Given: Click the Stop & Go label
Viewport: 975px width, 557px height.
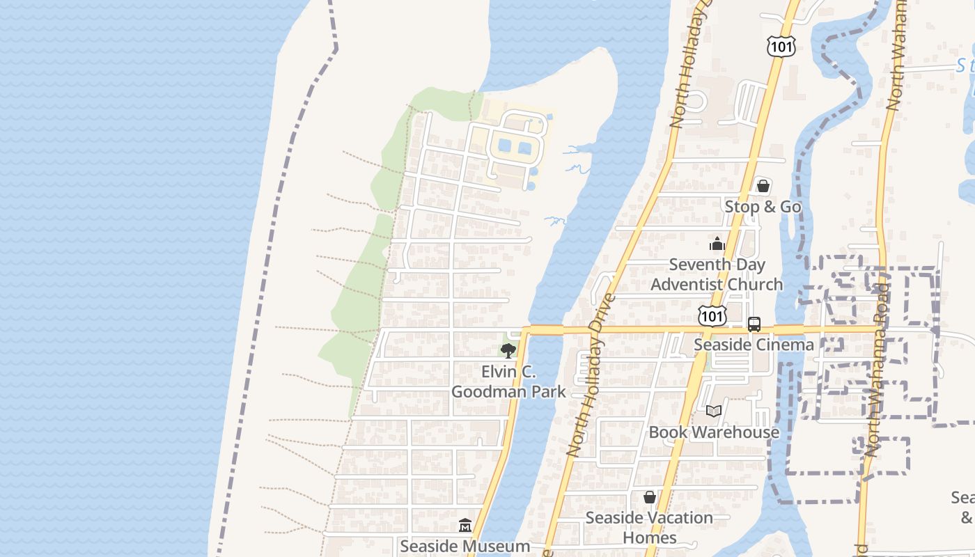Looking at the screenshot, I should coord(763,207).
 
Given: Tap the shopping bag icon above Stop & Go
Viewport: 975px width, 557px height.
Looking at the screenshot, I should coord(763,186).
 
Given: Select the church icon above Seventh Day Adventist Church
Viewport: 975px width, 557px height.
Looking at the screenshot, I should coord(717,244).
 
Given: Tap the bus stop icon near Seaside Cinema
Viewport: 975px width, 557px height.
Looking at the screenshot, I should coord(754,324).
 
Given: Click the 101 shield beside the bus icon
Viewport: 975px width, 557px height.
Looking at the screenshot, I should coord(712,316).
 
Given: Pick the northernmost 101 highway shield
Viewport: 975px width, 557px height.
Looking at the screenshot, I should coord(779,47).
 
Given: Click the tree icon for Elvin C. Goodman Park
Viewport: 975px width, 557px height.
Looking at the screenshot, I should coord(508,351).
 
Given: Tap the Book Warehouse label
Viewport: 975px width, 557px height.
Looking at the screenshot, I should coord(714,432).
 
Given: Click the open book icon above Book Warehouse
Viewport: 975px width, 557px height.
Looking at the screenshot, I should coord(713,411).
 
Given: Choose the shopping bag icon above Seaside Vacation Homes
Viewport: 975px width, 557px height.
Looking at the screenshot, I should coord(650,497).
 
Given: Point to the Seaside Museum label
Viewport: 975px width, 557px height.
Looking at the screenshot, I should coord(465,547).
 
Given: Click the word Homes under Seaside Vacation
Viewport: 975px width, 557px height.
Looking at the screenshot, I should coord(650,538).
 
